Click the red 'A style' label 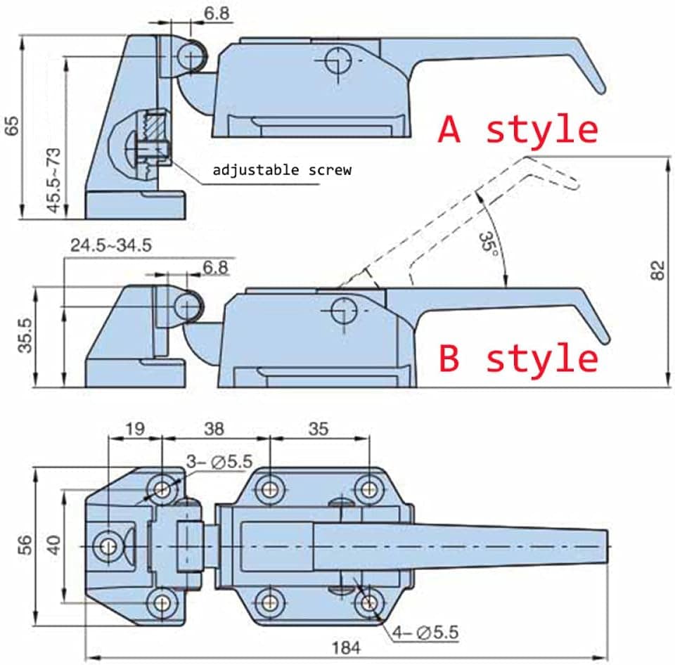pyautogui.click(x=518, y=129)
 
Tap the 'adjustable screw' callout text pyautogui.click(x=282, y=170)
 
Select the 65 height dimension pyautogui.click(x=13, y=125)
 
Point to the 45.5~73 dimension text pyautogui.click(x=54, y=180)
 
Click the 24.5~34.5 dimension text pyautogui.click(x=111, y=245)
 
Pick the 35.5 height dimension pyautogui.click(x=25, y=335)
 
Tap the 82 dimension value pyautogui.click(x=658, y=271)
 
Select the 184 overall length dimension pyautogui.click(x=346, y=648)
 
